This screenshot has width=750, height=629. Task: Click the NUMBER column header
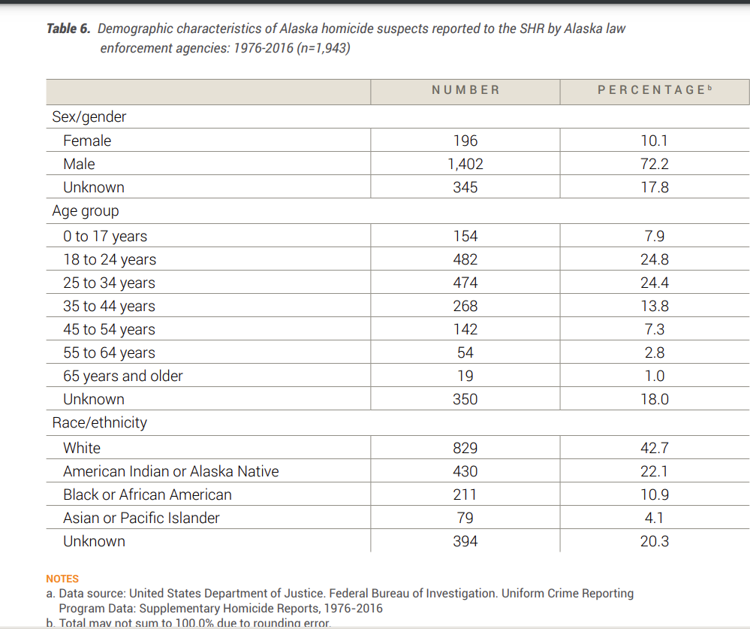pos(465,90)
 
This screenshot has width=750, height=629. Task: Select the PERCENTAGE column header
pos(650,90)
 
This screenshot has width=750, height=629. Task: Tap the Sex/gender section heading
pos(89,116)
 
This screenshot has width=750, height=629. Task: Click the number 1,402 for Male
pos(465,164)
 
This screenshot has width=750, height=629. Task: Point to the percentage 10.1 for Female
pos(655,141)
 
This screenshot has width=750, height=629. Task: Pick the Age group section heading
pos(85,211)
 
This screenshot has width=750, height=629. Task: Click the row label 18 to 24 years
pos(110,259)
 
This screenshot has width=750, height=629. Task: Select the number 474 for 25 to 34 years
pos(465,283)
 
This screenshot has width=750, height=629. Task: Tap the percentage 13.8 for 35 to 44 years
pos(655,306)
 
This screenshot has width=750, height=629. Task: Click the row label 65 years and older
pos(123,376)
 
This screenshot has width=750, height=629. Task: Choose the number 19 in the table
pos(465,376)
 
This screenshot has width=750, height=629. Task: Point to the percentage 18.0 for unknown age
pos(655,399)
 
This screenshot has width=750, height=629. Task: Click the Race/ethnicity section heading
pos(99,422)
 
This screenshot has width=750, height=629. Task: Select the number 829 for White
pos(465,448)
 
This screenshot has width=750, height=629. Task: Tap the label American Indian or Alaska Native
pos(171,471)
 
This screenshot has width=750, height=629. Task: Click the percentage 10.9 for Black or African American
pos(655,494)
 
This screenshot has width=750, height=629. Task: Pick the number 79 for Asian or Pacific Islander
pos(465,518)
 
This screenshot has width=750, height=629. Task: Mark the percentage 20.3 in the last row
pos(655,541)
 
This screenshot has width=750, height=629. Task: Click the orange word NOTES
pos(62,579)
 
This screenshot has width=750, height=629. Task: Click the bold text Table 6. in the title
pos(68,29)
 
